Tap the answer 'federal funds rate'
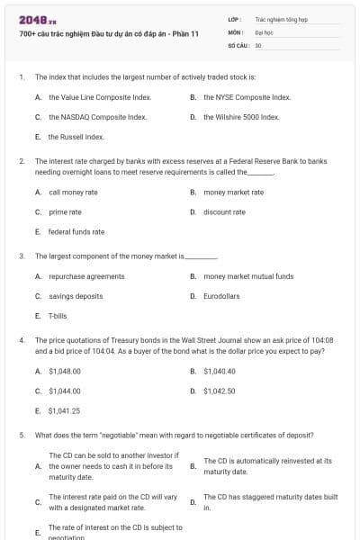(76, 231)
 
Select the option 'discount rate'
(224, 211)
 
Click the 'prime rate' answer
(65, 211)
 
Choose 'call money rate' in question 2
(73, 192)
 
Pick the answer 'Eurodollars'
(221, 296)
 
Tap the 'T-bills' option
(58, 316)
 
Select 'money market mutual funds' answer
(248, 276)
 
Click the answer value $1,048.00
(65, 371)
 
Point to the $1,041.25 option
(65, 410)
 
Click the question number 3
(21, 256)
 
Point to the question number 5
(21, 435)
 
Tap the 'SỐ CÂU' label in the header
(238, 43)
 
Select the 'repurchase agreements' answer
(86, 276)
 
